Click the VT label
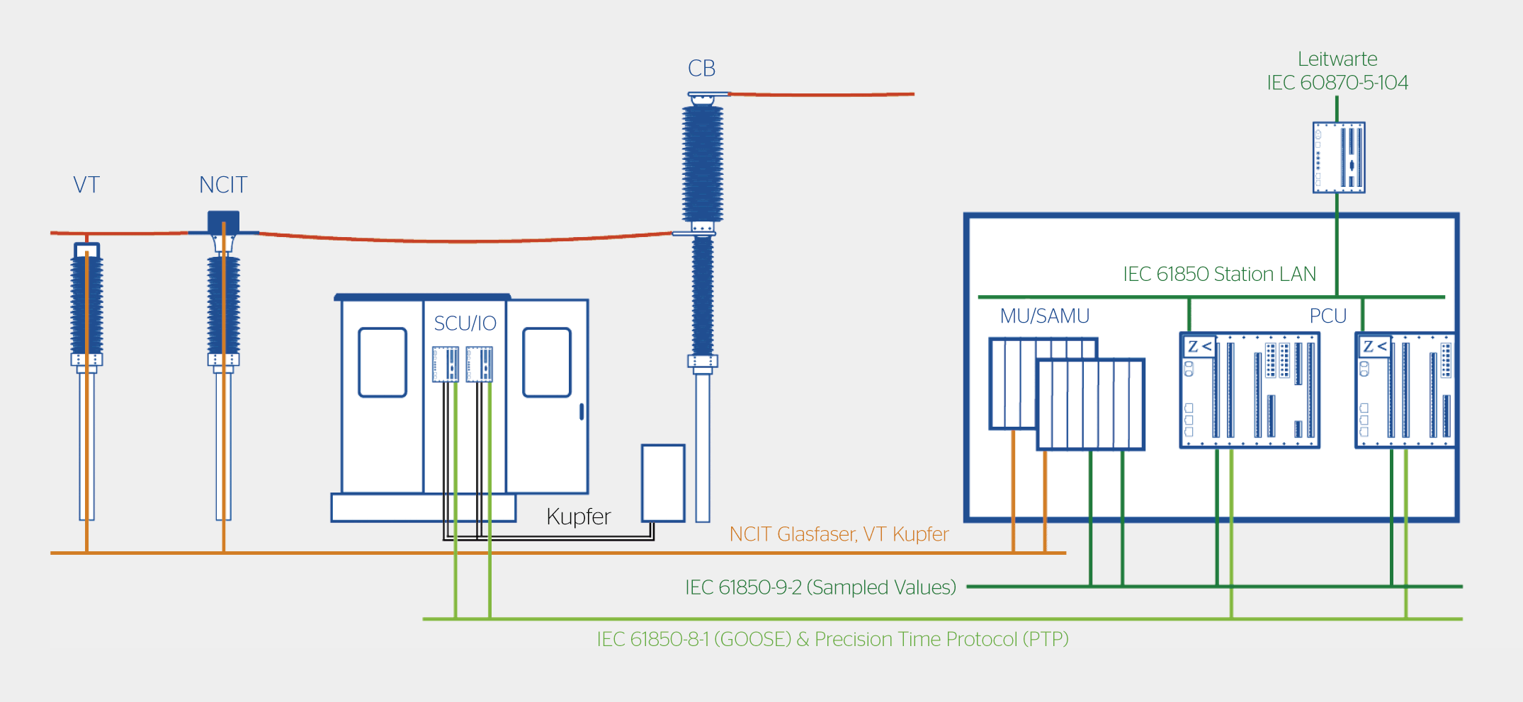point(86,185)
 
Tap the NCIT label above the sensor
point(223,185)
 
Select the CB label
point(701,69)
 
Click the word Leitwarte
point(1337,59)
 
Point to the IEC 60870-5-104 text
point(1337,83)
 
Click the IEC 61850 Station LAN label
point(1219,274)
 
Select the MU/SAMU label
point(1044,316)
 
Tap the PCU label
point(1327,316)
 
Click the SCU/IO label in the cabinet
point(465,323)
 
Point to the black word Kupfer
point(578,517)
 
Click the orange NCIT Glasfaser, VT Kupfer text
point(839,534)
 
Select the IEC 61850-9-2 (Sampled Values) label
point(820,587)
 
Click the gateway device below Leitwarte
point(1338,157)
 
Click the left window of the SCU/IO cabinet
point(383,362)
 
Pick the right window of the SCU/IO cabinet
point(547,362)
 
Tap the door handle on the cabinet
point(582,411)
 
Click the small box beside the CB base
point(663,483)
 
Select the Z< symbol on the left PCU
point(1199,346)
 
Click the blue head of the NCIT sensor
point(223,221)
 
